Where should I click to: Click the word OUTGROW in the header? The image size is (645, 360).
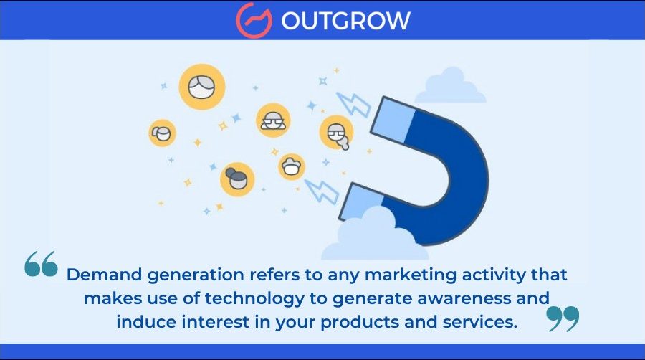(345, 20)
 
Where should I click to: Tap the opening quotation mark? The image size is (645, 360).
(41, 264)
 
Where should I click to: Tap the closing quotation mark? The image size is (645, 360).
(563, 318)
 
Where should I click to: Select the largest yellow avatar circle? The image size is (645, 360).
(202, 87)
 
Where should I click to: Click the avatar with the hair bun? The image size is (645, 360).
(237, 179)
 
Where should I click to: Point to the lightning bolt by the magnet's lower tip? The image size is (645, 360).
(321, 191)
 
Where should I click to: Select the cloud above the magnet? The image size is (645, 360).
(451, 87)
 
